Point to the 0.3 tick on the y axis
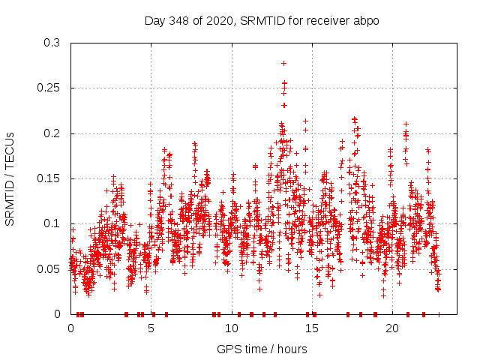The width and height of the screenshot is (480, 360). click(52, 43)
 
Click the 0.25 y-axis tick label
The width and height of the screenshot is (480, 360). click(49, 88)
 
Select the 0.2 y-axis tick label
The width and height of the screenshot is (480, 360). click(52, 133)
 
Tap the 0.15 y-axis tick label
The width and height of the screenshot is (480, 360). click(49, 178)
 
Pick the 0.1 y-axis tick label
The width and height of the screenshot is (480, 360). click(52, 223)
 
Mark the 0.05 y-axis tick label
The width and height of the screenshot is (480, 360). click(49, 268)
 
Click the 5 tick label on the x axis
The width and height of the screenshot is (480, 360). click(151, 328)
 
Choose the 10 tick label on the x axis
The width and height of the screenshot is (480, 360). click(232, 328)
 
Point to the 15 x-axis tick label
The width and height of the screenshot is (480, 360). click(312, 328)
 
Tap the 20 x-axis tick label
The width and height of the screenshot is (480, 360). click(392, 328)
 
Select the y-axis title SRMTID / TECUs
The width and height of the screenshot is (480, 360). click(10, 178)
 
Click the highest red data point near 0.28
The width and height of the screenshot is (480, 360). click(283, 63)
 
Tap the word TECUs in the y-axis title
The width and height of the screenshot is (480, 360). click(10, 150)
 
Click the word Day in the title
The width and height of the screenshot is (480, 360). click(155, 20)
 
